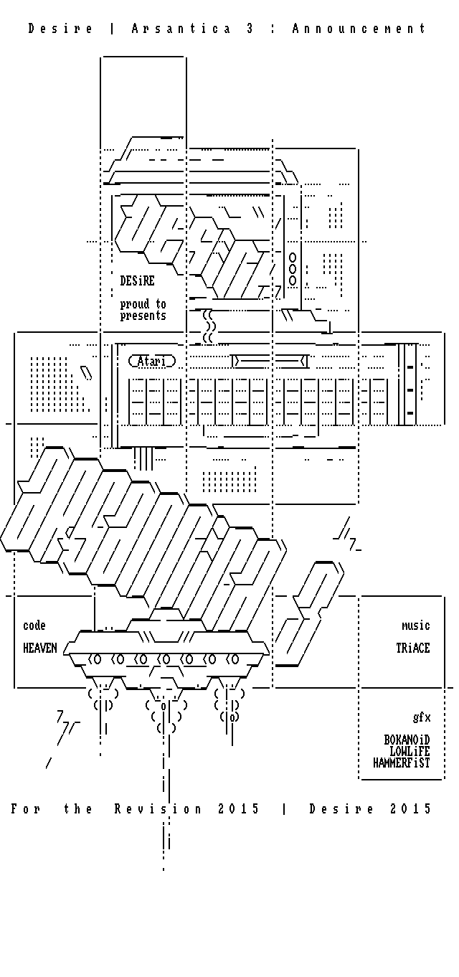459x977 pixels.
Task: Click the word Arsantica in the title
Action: click(181, 29)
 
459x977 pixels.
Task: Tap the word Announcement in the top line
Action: click(359, 29)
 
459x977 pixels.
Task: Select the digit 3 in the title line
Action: click(250, 29)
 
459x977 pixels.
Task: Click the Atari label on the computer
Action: click(151, 361)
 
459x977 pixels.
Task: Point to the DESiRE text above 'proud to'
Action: click(137, 280)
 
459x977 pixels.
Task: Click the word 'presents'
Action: click(143, 316)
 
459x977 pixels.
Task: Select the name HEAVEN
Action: click(40, 648)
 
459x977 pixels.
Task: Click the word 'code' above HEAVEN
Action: click(34, 626)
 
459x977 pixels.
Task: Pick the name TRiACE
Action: click(413, 648)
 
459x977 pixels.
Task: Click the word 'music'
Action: click(416, 626)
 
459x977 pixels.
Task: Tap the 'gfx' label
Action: click(422, 717)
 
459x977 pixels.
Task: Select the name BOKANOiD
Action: click(407, 740)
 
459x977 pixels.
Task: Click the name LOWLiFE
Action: click(410, 751)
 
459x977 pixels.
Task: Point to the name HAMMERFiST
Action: click(402, 763)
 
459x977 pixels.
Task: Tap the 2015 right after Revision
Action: click(239, 809)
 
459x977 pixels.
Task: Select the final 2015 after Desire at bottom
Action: click(411, 809)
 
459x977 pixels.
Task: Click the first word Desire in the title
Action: click(61, 29)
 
